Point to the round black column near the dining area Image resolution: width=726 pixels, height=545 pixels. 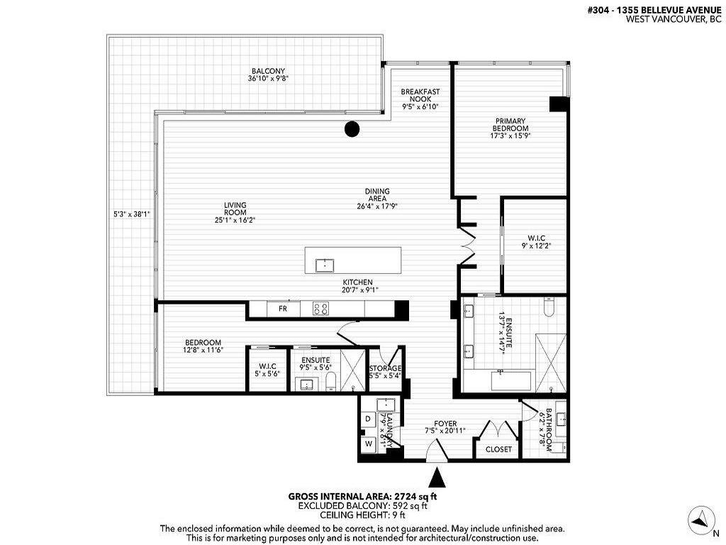(x=352, y=129)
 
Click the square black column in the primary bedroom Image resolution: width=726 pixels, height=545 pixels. (x=559, y=104)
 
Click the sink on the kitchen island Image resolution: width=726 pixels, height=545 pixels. (x=325, y=265)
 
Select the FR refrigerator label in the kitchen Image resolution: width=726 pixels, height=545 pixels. (x=282, y=309)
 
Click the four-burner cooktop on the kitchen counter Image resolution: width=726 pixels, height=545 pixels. (x=320, y=309)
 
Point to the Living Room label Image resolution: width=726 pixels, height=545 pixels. (x=235, y=212)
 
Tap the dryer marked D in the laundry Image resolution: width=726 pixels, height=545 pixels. (x=368, y=419)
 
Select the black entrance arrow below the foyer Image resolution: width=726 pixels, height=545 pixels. (x=437, y=475)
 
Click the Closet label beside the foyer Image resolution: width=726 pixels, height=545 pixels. (x=498, y=448)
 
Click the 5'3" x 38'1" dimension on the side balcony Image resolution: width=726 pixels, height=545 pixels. (x=131, y=212)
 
